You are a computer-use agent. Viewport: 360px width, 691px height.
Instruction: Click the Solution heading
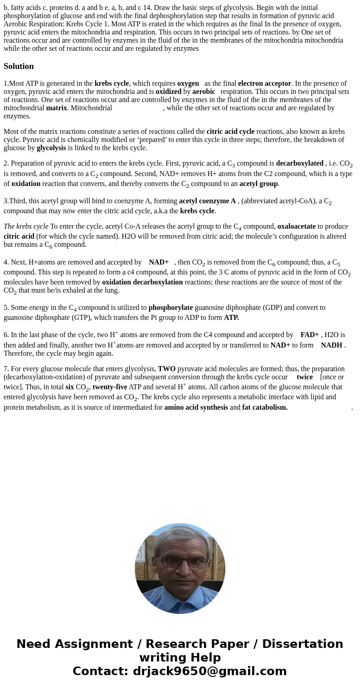(19, 66)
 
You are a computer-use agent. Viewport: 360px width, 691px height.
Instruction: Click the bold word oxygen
(188, 83)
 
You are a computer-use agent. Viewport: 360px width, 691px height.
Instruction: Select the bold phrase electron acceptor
(264, 83)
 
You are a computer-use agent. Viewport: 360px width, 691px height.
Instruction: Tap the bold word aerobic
(204, 92)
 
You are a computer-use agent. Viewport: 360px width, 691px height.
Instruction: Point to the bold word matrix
(56, 108)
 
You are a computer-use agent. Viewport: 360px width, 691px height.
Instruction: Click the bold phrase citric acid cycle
(230, 132)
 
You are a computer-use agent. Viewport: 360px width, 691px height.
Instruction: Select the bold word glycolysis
(51, 148)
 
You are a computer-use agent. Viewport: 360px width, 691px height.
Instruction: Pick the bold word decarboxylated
(299, 163)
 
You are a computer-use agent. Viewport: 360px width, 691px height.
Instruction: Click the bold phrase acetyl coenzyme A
(207, 201)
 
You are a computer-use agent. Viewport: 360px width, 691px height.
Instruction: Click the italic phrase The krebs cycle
(26, 226)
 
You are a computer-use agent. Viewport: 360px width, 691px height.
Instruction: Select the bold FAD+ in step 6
(309, 335)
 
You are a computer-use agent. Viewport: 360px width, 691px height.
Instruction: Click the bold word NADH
(331, 345)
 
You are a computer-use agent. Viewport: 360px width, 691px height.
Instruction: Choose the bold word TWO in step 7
(166, 369)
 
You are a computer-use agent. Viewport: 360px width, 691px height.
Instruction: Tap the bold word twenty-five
(110, 387)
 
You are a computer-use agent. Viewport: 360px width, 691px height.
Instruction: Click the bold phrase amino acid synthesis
(196, 407)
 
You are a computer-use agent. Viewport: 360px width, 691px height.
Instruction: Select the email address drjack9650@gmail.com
(209, 671)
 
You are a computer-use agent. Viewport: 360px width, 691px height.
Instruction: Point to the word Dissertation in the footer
(302, 644)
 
